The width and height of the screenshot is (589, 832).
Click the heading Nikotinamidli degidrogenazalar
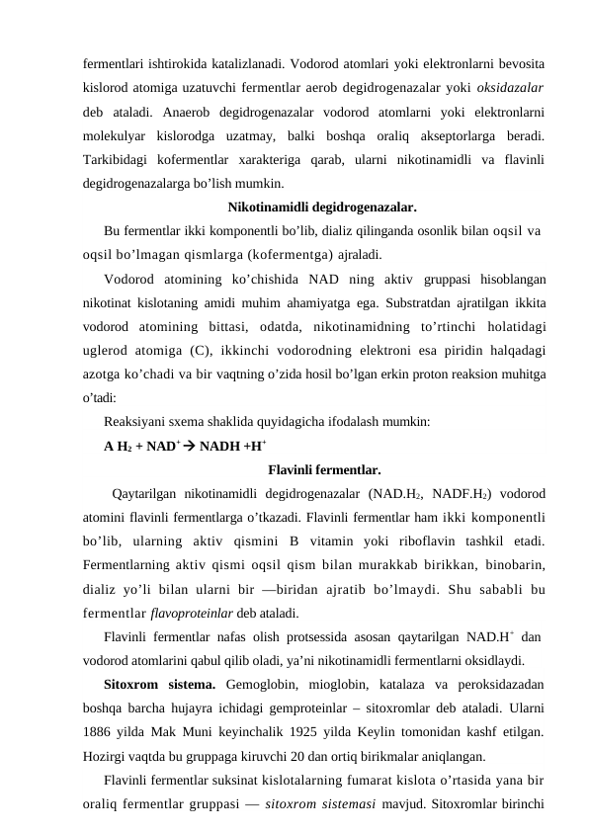321,208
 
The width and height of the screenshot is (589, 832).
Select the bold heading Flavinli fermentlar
324,469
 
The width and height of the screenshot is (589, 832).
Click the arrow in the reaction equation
188,446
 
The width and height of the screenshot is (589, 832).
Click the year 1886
98,732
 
